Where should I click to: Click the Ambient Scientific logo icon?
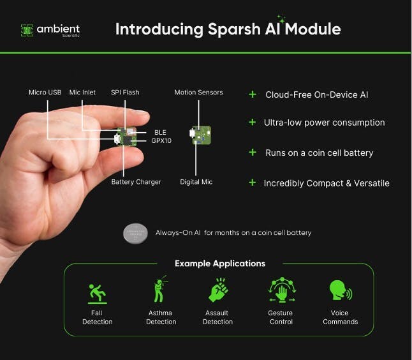click(x=27, y=29)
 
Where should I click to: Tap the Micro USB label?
click(x=45, y=93)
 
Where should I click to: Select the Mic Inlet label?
click(x=82, y=93)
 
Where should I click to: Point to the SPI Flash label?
click(x=125, y=93)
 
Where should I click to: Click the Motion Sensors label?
click(x=198, y=93)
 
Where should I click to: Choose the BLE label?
click(x=159, y=132)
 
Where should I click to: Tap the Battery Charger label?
click(x=136, y=182)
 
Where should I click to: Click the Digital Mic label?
click(x=196, y=182)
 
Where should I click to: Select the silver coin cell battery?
click(x=136, y=233)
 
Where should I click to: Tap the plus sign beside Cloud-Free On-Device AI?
click(x=253, y=94)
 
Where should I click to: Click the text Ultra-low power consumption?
click(x=325, y=123)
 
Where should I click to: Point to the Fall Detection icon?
click(x=97, y=292)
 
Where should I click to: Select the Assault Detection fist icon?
click(x=218, y=290)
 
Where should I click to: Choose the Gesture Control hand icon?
click(x=281, y=290)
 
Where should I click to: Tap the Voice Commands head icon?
click(x=339, y=291)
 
